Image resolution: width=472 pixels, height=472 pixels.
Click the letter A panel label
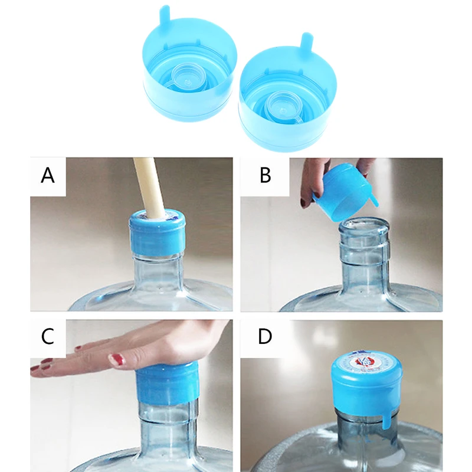tap(48, 176)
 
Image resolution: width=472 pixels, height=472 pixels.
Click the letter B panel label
tap(265, 176)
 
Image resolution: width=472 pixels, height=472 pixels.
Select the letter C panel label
tap(48, 336)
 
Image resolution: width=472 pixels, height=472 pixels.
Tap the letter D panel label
tap(265, 336)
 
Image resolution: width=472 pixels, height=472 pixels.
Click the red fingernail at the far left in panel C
tap(35, 369)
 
